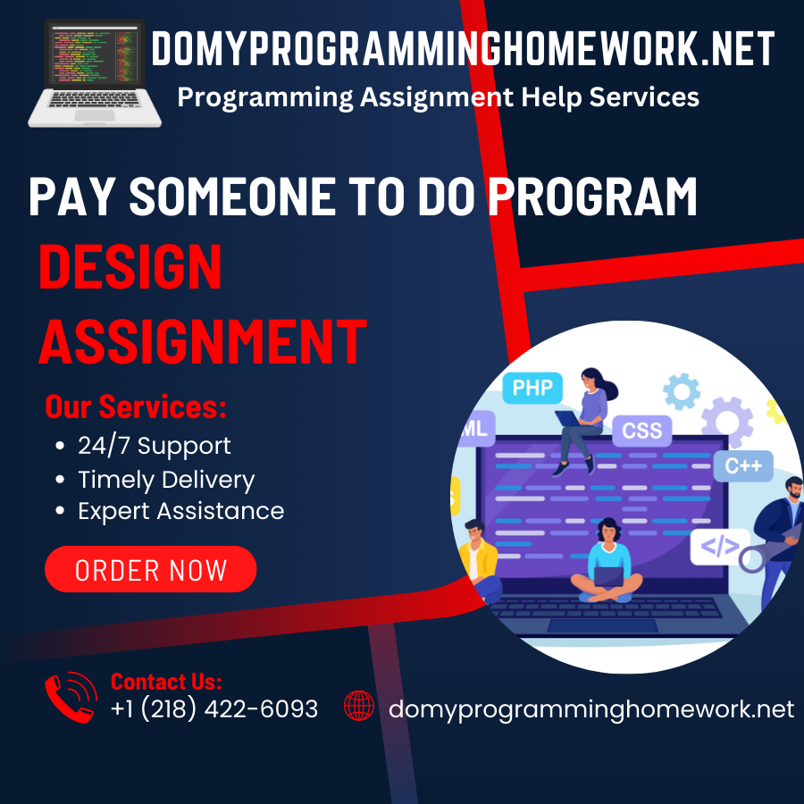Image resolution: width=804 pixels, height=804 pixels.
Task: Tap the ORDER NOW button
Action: [x=150, y=570]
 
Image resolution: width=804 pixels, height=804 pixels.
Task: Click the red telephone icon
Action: [x=71, y=697]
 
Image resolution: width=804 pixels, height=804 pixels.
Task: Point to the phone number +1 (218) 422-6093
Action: [x=214, y=709]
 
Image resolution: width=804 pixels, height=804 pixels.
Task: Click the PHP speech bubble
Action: [x=533, y=389]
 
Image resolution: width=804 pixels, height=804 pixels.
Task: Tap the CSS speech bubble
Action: [x=641, y=431]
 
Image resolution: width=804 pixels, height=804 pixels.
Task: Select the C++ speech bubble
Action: [x=742, y=465]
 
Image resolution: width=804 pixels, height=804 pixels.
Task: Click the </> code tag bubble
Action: [x=719, y=546]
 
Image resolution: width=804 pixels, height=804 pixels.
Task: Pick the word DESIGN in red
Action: [x=130, y=267]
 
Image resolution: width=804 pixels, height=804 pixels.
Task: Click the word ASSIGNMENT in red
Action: [x=203, y=340]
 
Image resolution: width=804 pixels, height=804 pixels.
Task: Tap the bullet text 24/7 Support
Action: [x=154, y=446]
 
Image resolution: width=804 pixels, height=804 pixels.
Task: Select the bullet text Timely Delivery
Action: [x=166, y=480]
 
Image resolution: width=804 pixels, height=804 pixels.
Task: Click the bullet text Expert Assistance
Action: [x=180, y=511]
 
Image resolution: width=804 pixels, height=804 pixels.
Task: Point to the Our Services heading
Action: [x=136, y=407]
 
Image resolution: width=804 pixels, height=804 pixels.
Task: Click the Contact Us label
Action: [x=166, y=682]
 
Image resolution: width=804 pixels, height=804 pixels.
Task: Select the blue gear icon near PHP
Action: [x=681, y=391]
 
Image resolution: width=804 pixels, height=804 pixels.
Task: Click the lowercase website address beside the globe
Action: [x=590, y=709]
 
